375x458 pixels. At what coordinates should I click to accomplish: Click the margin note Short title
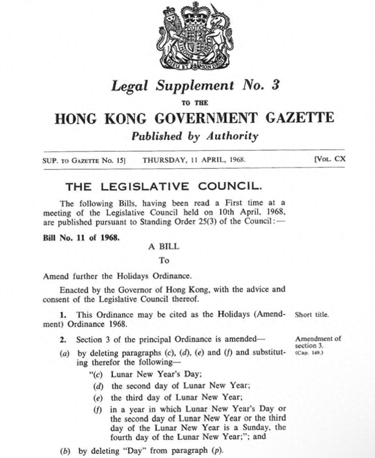(311, 315)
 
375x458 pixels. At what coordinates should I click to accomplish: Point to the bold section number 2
(62, 340)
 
